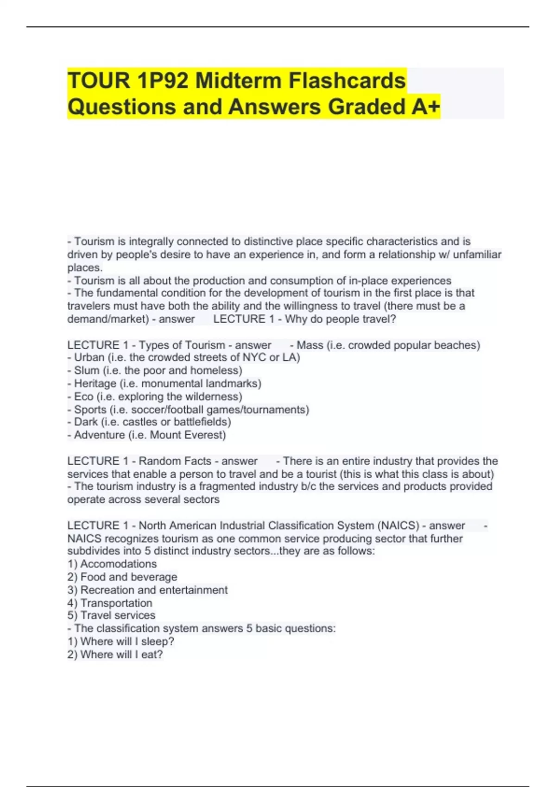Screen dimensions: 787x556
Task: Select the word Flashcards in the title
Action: [347, 81]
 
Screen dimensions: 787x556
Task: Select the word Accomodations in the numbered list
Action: [118, 564]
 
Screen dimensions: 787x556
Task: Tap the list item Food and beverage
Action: [129, 577]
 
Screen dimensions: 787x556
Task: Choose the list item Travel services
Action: [118, 615]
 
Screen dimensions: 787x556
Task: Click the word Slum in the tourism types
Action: [87, 370]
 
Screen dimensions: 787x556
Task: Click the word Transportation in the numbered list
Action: [116, 603]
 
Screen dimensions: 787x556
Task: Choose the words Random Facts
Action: [175, 461]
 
